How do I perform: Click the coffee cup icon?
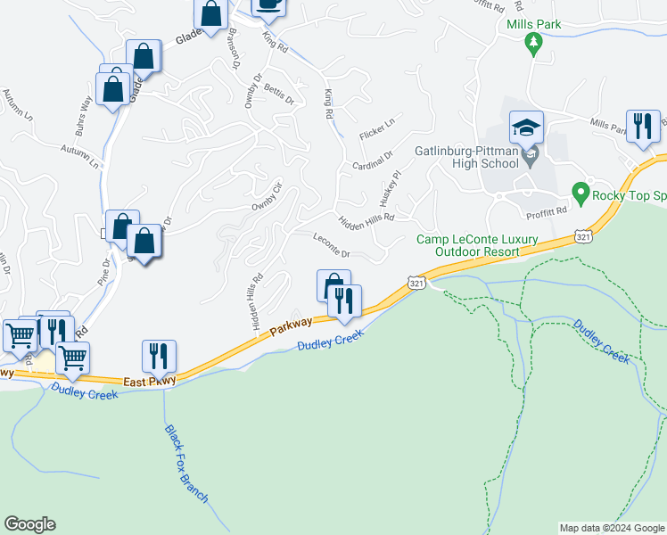pos(268,4)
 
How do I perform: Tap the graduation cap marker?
pos(526,128)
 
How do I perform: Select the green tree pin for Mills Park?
pos(534,43)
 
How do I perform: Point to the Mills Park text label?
pos(533,24)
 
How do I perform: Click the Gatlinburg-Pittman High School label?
pos(466,157)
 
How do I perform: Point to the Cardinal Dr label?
pos(373,160)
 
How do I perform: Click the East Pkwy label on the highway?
pos(151,380)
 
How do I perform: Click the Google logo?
pos(29,524)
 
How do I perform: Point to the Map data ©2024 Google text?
pos(612,528)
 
